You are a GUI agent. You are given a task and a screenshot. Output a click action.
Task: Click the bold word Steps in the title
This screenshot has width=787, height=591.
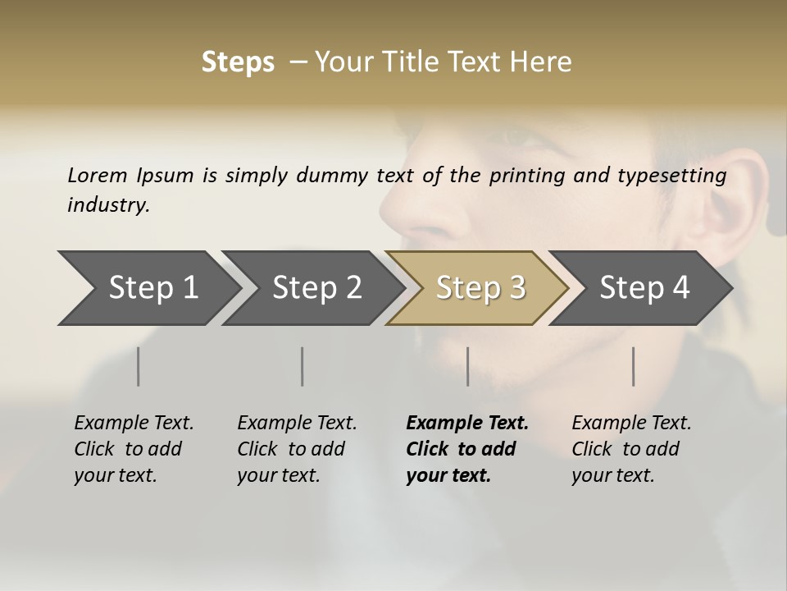pos(238,62)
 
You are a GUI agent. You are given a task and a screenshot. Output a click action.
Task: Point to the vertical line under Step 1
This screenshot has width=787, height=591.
pos(139,366)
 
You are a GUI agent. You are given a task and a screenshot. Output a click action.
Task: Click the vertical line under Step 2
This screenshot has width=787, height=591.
pos(303,366)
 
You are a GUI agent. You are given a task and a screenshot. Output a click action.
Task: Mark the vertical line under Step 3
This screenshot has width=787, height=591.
pos(468,366)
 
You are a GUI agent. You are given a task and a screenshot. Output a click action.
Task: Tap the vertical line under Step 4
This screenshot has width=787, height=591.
pos(634,366)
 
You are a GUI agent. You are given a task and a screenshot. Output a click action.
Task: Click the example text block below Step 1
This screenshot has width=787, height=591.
pos(134,449)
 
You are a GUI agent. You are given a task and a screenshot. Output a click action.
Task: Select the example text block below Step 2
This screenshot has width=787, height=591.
pos(297,449)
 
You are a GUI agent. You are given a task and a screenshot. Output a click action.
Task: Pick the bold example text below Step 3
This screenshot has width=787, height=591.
pos(466,449)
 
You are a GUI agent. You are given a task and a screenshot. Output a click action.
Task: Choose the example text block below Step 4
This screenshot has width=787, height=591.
pos(631,449)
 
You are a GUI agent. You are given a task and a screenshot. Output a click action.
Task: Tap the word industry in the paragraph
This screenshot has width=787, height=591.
pos(108,205)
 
